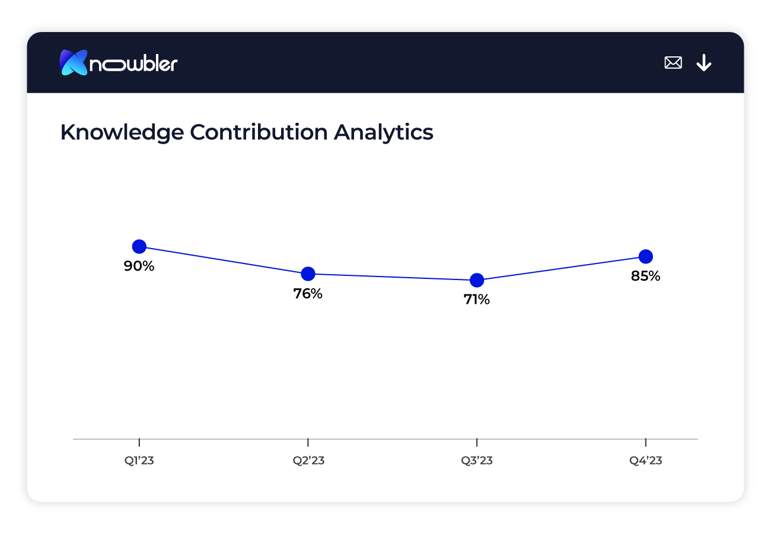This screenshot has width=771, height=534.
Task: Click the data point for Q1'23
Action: [139, 246]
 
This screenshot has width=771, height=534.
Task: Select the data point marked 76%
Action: [308, 274]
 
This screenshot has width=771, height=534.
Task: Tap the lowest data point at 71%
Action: [477, 280]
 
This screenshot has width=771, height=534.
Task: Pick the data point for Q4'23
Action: [646, 256]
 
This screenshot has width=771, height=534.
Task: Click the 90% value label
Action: [139, 266]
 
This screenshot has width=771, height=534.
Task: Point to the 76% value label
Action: [308, 294]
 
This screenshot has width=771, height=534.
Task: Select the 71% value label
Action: [477, 300]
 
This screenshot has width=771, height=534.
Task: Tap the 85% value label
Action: [646, 276]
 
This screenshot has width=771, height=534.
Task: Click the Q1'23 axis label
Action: [139, 461]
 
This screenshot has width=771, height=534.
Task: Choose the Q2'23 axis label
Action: [308, 461]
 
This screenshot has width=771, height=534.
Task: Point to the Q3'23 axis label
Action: [477, 461]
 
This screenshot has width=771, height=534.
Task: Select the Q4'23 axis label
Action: [646, 461]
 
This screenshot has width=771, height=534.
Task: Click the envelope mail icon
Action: [673, 62]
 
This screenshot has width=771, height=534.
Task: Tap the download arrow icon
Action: [704, 62]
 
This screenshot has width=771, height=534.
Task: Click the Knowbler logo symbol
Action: [74, 62]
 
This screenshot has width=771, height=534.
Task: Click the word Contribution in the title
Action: [259, 132]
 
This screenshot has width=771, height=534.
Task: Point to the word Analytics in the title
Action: [383, 132]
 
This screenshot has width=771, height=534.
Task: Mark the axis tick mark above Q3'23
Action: [477, 442]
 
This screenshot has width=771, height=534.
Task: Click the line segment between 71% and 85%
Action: [561, 268]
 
